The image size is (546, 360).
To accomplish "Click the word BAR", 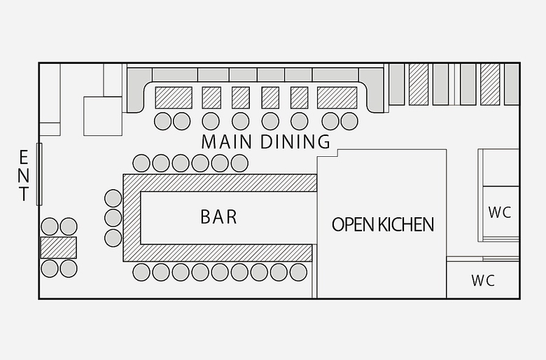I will tap(218, 216).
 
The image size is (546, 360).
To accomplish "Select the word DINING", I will tap(295, 141).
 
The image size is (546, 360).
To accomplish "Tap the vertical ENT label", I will tap(24, 175).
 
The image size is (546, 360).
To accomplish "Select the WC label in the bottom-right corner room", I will tap(483, 281).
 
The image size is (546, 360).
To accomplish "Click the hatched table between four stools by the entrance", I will tap(58, 247).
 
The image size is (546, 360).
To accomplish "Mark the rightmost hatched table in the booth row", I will tap(337, 97).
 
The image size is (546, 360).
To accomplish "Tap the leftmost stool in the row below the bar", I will tap(141, 272).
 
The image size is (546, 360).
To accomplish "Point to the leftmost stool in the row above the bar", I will tap(141, 163).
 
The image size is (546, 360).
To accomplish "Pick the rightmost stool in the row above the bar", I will tap(239, 163).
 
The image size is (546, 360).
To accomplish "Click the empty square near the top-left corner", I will tap(103, 116).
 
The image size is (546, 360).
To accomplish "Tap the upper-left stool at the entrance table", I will tap(49, 226).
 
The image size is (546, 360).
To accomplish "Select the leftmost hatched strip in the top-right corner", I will tap(419, 84).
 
